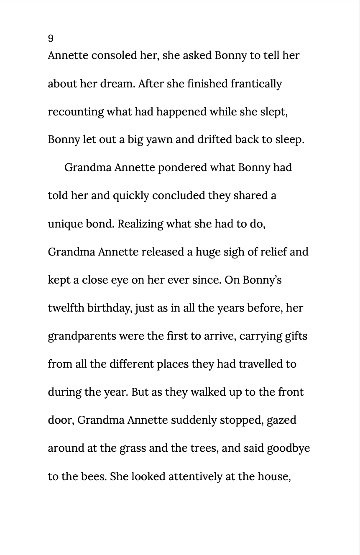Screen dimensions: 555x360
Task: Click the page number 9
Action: pos(51,38)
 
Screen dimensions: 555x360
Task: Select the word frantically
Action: pos(256,84)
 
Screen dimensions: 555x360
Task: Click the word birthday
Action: pos(113,308)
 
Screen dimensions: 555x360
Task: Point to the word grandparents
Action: pos(82,336)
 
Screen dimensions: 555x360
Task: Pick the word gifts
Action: pos(296,336)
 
